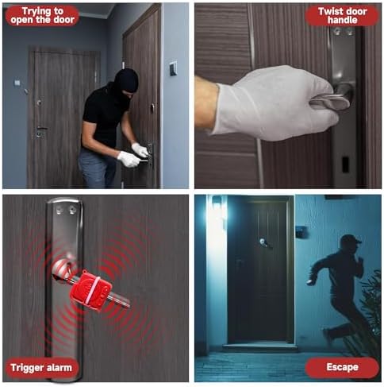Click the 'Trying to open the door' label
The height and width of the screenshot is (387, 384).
tap(42, 15)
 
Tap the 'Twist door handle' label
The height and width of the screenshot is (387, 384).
tap(342, 15)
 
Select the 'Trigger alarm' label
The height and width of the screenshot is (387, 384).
tap(41, 368)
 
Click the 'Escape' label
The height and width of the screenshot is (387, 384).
tap(342, 367)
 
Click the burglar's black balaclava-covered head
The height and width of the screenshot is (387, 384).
tap(126, 82)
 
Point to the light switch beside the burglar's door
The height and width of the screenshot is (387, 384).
tap(173, 68)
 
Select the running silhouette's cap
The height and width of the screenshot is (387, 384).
tap(351, 239)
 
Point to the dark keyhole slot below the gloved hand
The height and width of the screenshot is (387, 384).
tap(345, 164)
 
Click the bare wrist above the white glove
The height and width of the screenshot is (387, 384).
tap(206, 103)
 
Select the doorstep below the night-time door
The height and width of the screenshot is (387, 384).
tap(260, 346)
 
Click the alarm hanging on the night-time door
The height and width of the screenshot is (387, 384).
tap(264, 243)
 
